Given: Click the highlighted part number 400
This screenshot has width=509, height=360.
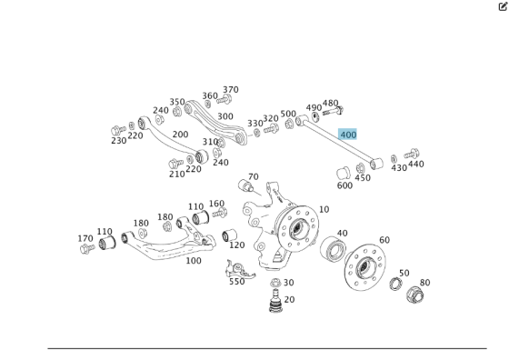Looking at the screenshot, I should [x=348, y=135].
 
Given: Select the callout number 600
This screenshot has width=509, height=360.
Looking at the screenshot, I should [x=344, y=185].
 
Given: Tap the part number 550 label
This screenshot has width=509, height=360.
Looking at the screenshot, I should [x=236, y=282].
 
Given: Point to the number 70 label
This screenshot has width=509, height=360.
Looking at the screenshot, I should [x=253, y=177].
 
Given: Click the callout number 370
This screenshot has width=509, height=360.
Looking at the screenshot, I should [x=231, y=90].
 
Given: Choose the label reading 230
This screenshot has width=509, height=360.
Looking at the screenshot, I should [x=119, y=141].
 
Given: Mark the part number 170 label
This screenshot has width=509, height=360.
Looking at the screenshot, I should [x=85, y=239].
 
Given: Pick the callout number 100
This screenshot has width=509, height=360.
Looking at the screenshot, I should [x=194, y=261].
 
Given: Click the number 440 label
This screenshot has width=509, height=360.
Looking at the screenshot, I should [x=415, y=165].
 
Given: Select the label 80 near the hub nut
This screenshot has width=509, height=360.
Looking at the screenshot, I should [x=424, y=283].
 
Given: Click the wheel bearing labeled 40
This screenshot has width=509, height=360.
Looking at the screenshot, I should [x=334, y=251].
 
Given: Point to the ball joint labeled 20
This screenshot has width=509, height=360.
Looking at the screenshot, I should [x=274, y=305].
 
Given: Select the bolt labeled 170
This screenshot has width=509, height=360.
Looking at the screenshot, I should [x=88, y=247].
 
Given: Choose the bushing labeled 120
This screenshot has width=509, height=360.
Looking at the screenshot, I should [x=231, y=238].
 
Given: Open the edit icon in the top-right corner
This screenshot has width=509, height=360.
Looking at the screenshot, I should [x=502, y=6].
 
